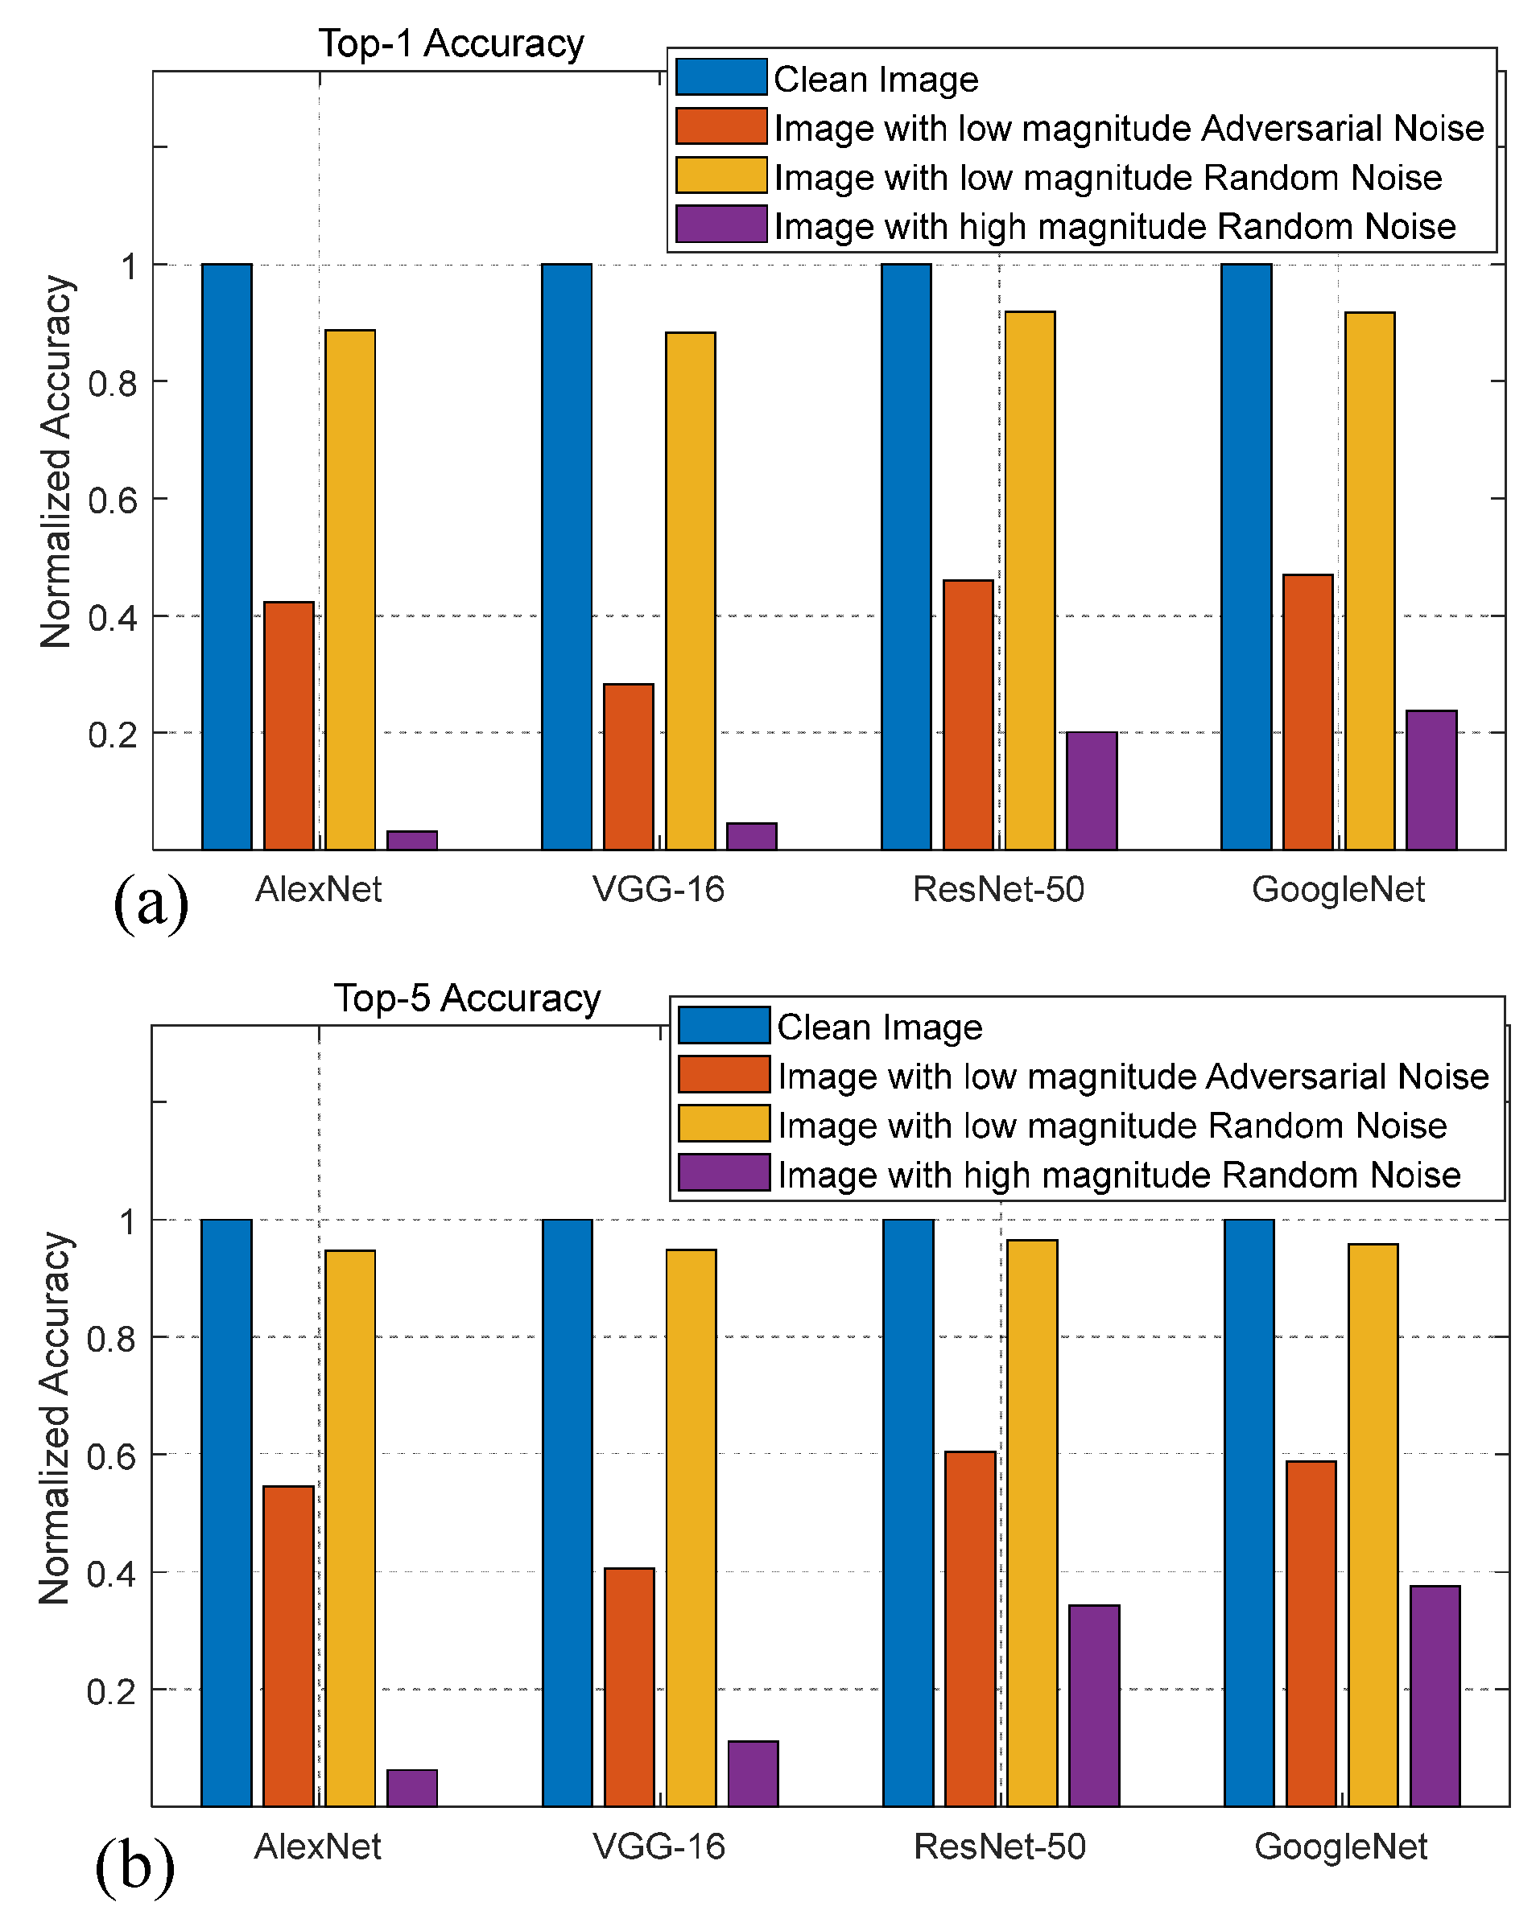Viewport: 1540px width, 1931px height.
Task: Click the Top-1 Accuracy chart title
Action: [x=451, y=43]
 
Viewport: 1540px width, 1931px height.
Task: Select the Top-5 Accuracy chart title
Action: [x=467, y=998]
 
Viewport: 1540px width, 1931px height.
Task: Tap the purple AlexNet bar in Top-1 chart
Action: [x=412, y=839]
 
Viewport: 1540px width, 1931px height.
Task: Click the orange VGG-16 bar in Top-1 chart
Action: [x=628, y=767]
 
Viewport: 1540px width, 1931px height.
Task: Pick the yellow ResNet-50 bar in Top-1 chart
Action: [x=1030, y=580]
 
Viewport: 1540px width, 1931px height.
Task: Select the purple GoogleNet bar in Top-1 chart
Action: [x=1431, y=779]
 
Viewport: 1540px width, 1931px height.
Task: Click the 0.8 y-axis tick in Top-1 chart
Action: [x=113, y=383]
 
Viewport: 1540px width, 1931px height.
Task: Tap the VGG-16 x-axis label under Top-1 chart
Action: [x=659, y=889]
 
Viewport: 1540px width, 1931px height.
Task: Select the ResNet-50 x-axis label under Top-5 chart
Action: [x=999, y=1846]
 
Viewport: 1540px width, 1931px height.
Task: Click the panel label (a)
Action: [x=151, y=903]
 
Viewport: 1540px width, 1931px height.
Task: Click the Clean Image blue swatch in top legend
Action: [x=720, y=78]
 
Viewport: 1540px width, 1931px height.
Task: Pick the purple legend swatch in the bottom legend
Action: [x=723, y=1172]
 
